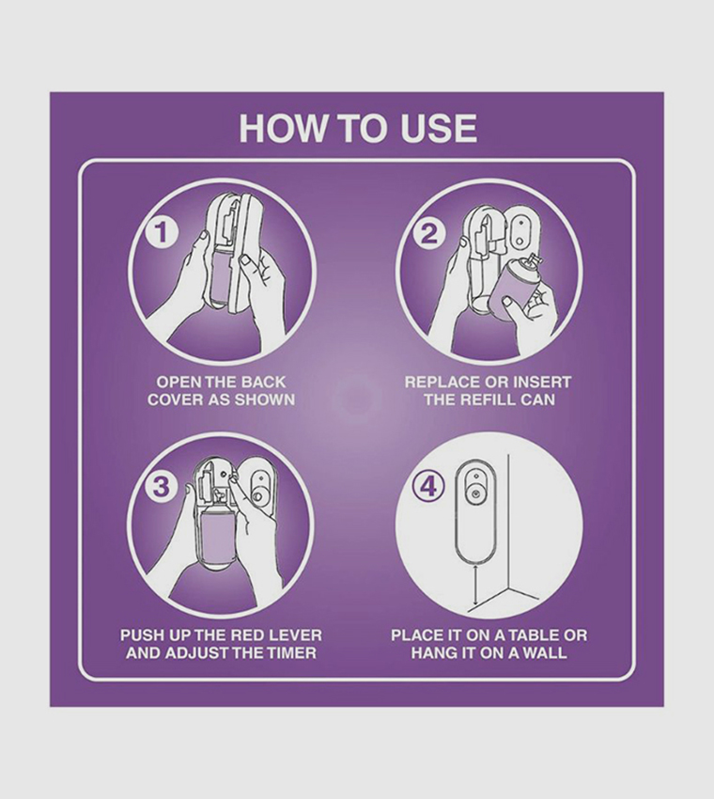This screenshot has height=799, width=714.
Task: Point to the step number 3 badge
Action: click(162, 486)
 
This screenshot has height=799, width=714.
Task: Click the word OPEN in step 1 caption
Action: click(178, 383)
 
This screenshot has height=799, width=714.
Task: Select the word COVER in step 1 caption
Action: click(178, 399)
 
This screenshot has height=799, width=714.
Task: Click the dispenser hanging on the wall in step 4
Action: click(477, 508)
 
